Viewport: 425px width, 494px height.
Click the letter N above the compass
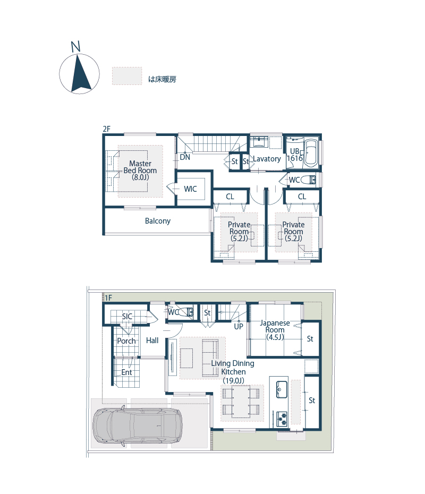75,47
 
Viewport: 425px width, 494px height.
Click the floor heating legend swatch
127,76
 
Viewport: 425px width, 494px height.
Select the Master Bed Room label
140,171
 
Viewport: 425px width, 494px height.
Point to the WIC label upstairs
190,189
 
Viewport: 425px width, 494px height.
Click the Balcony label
158,221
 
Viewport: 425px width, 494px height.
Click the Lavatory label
267,159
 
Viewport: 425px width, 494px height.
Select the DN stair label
185,157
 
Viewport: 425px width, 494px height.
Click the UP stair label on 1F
239,326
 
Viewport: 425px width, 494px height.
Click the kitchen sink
282,389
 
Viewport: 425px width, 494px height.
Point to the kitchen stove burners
282,419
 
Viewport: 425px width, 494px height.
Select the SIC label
127,316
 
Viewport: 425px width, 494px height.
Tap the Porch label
126,341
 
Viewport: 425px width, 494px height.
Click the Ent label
126,372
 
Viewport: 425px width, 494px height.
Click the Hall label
152,340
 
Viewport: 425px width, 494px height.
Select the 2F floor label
106,129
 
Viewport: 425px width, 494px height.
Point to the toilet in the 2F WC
308,180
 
